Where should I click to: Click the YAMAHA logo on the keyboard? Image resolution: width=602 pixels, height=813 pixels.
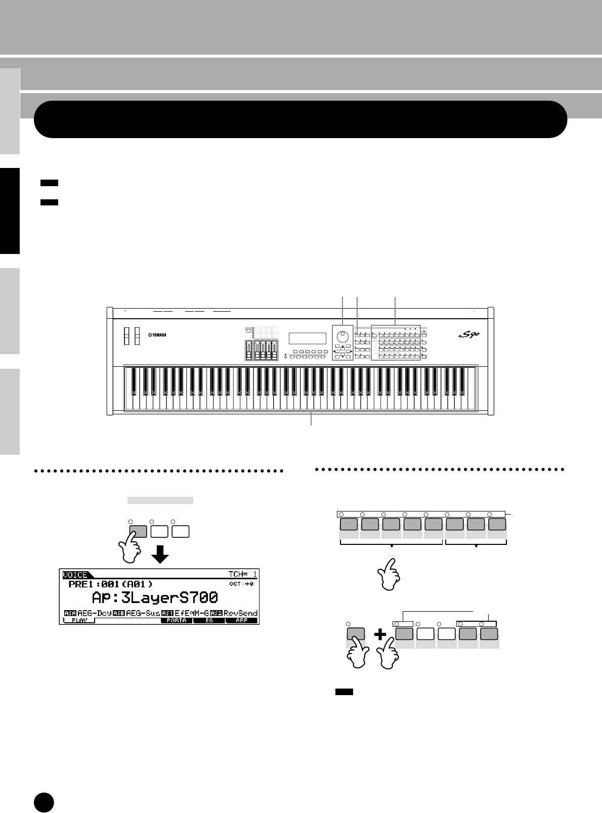point(157,335)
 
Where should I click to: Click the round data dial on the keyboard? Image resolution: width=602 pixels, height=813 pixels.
point(342,334)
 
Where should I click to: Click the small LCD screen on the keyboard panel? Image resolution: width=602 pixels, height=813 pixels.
point(307,338)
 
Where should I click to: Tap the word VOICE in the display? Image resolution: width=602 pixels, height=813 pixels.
point(74,575)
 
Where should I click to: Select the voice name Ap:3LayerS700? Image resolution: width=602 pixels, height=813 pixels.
point(155,597)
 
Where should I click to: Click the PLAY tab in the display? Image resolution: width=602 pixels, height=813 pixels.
point(79,620)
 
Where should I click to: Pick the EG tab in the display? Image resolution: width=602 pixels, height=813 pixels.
point(209,620)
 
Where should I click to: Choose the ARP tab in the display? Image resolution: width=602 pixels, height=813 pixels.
point(241,620)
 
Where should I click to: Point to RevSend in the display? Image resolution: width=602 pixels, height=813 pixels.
point(241,613)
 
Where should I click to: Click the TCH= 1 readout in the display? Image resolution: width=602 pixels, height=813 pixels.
point(243,575)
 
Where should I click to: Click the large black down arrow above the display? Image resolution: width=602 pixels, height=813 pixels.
point(161,555)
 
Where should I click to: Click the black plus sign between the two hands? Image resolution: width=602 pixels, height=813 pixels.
point(380,635)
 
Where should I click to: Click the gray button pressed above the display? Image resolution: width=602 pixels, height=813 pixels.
point(138,531)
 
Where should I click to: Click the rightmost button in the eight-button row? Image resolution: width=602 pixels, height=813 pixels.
point(497,524)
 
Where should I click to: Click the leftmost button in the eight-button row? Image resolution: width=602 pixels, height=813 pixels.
point(349,524)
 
